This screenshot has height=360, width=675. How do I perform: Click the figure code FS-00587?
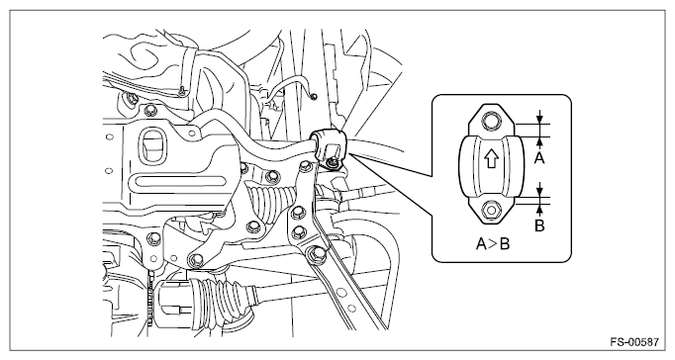pyautogui.click(x=634, y=343)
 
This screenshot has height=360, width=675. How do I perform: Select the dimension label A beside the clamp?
pyautogui.click(x=539, y=158)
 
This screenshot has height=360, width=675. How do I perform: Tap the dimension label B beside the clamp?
pyautogui.click(x=539, y=225)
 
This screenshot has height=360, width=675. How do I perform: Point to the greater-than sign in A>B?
pyautogui.click(x=493, y=244)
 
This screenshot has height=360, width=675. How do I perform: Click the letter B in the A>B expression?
pyautogui.click(x=504, y=244)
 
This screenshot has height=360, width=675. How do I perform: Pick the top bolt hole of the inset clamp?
pyautogui.click(x=490, y=120)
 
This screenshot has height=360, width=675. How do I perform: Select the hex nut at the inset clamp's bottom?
pyautogui.click(x=490, y=210)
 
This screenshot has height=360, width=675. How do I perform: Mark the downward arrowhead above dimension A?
pyautogui.click(x=539, y=120)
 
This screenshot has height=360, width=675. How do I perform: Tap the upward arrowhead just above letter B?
pyautogui.click(x=539, y=208)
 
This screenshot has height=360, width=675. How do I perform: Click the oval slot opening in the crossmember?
pyautogui.click(x=152, y=144)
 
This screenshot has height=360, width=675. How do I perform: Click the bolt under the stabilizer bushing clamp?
pyautogui.click(x=332, y=162)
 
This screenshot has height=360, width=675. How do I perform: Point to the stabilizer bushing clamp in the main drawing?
pyautogui.click(x=329, y=145)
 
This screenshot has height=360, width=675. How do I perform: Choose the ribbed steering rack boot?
pyautogui.click(x=270, y=202)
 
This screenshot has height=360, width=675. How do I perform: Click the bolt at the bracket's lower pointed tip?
pyautogui.click(x=196, y=259)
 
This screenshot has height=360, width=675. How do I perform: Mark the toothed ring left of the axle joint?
pyautogui.click(x=150, y=297)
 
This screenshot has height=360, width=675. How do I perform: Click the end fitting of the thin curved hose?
pyautogui.click(x=315, y=96)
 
